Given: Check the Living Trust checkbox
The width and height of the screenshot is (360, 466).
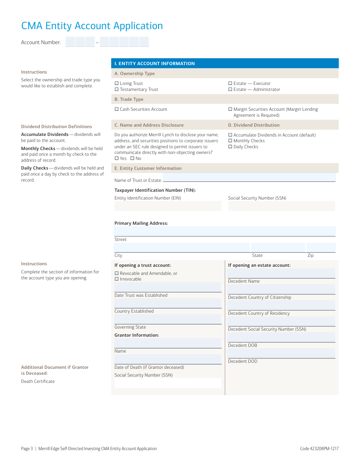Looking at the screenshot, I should click(x=117, y=83).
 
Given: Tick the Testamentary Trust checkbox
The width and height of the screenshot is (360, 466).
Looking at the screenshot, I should click(x=117, y=89).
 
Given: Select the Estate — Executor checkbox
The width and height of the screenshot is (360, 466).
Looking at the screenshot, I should click(x=230, y=83).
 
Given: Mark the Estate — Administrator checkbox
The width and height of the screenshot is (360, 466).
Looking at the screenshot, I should click(x=230, y=89).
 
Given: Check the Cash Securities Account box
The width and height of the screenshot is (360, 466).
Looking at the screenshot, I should click(x=117, y=109).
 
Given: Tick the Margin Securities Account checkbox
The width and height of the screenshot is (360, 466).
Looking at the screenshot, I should click(x=230, y=109).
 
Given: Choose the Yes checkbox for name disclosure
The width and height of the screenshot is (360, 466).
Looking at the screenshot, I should click(x=117, y=158).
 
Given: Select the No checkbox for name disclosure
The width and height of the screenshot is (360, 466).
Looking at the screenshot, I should click(x=132, y=158).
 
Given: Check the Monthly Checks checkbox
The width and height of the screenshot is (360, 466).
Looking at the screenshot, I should click(x=230, y=141).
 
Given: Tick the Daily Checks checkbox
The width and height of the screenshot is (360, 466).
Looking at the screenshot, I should click(x=230, y=147).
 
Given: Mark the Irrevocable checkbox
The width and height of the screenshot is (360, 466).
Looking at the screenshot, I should click(x=117, y=279).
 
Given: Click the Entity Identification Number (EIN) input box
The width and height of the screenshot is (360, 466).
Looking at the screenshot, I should click(x=168, y=206).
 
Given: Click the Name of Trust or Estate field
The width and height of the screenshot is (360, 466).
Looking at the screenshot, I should click(x=249, y=178).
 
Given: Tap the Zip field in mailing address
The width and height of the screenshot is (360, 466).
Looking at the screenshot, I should click(x=321, y=248).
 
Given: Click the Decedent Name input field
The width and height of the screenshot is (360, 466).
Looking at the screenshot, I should click(x=281, y=273).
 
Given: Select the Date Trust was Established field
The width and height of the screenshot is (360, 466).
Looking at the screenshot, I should click(x=168, y=287).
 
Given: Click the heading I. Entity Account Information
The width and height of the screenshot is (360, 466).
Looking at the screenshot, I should click(x=154, y=64).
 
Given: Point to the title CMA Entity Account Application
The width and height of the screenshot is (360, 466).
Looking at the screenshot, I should click(x=92, y=26).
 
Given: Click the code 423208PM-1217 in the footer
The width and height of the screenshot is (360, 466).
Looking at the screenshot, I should click(x=319, y=449).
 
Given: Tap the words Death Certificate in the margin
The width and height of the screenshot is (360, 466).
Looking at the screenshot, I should click(x=38, y=381).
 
